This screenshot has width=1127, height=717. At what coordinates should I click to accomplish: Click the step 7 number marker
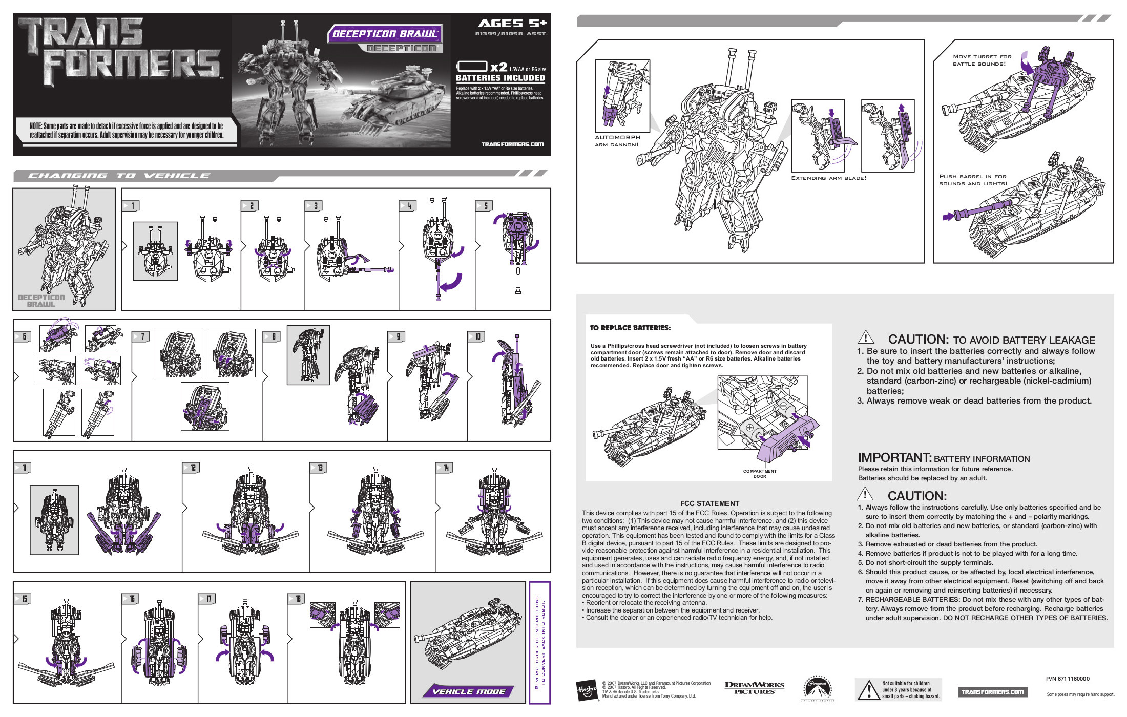coord(141,336)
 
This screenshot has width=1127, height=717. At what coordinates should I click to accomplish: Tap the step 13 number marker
coord(318,468)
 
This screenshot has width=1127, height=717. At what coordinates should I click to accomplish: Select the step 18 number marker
coord(297,599)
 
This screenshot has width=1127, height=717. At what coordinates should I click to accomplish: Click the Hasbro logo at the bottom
coord(587,691)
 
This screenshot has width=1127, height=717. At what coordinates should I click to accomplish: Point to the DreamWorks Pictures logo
coord(754,688)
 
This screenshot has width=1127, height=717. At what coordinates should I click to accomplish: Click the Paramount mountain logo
coord(818,689)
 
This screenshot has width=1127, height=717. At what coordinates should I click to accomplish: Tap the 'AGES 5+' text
coord(512,24)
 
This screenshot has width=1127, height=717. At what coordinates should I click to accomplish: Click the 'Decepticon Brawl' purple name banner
coord(385,34)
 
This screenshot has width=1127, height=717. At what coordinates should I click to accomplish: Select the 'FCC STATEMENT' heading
coord(709,503)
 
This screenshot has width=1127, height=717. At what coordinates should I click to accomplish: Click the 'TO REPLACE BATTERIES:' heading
coord(630,328)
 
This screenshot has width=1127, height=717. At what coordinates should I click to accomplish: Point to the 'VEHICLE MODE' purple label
coord(468,691)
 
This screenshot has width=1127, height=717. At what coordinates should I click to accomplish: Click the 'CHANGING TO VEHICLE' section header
coord(119,176)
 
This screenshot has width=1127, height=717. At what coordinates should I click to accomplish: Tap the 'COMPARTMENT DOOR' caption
coord(760,474)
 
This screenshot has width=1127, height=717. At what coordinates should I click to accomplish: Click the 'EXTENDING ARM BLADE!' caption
coord(828,178)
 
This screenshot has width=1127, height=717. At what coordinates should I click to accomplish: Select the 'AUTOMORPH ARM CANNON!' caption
coord(617,141)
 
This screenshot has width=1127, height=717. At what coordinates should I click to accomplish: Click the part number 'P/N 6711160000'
coord(1068,679)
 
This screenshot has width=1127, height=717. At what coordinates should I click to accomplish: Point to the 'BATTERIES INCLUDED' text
coord(500,78)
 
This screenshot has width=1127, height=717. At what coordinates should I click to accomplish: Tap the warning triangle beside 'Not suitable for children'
coord(868,690)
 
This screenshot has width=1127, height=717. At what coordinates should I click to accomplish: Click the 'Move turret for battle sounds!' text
coord(982,60)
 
